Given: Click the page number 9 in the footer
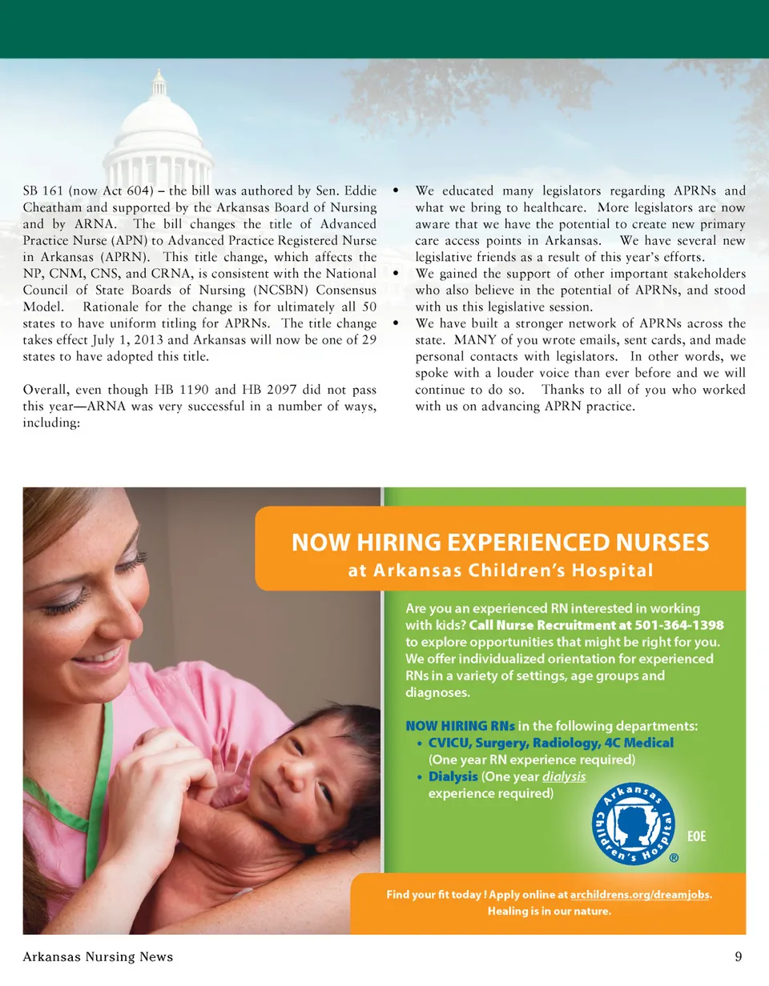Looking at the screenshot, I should pos(737,956).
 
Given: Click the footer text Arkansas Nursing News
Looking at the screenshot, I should pos(98,956).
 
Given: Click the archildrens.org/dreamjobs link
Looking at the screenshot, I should pos(640,894).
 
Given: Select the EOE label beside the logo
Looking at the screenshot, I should pos(698,836).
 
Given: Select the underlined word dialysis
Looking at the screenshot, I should pos(564,777).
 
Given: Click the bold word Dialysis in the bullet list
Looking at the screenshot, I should pos(453,777).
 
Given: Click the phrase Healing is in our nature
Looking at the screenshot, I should pos(548,912).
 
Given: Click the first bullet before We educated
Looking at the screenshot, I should pos(396,191).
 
